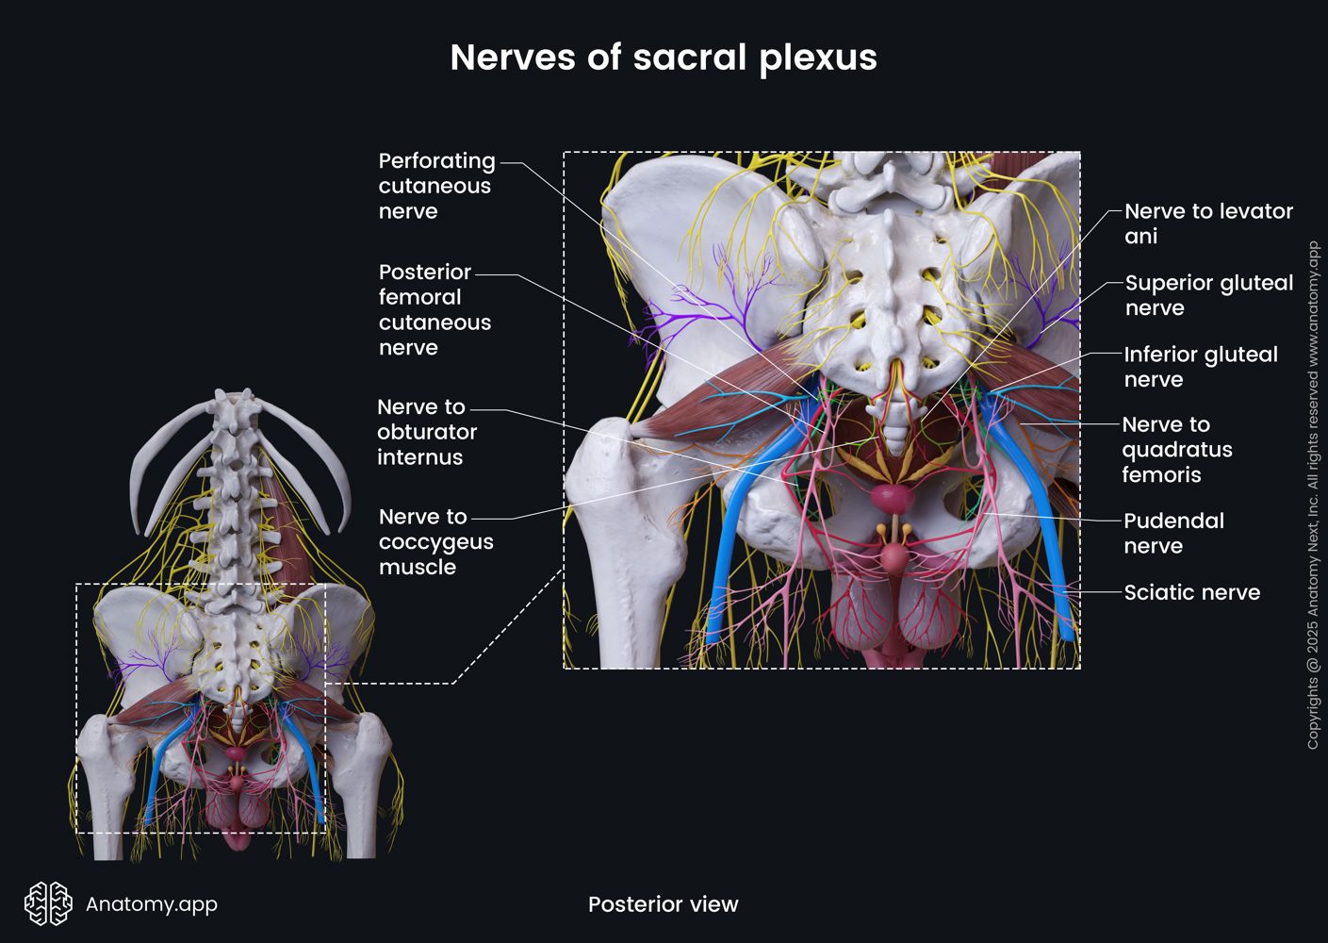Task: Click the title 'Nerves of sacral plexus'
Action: point(664,58)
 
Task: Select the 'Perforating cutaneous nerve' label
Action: point(436,186)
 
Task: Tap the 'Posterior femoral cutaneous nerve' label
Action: point(434,309)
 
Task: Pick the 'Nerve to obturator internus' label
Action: point(427,432)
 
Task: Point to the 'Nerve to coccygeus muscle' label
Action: point(435,541)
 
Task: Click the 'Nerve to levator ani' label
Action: point(1207,223)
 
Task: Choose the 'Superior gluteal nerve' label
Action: point(1208,295)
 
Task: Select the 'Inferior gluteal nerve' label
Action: point(1200,367)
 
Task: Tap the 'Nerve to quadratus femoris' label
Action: point(1176,449)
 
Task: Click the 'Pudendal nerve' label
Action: point(1172,533)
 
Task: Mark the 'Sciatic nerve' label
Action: point(1191,592)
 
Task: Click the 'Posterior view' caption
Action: point(663,904)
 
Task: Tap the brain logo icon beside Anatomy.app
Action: point(48,903)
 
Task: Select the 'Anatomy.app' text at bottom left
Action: point(151,904)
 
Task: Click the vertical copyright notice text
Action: point(1313,495)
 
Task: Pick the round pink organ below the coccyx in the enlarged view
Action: point(890,497)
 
